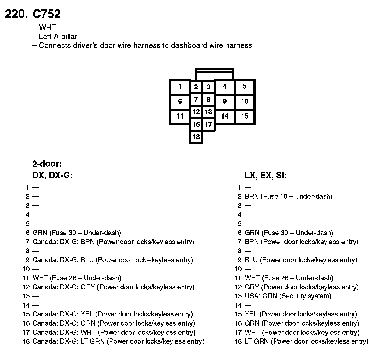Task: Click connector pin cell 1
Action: pos(180,87)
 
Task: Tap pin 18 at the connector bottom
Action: pos(196,137)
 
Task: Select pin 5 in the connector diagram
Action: pos(245,87)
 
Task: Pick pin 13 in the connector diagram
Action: pos(208,112)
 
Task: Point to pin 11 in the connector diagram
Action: pos(180,116)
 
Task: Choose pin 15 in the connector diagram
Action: pos(245,116)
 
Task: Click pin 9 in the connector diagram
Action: pos(225,101)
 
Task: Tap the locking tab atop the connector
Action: pos(215,73)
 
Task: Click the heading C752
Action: pos(47,14)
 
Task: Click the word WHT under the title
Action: pos(47,28)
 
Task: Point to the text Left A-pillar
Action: pos(58,37)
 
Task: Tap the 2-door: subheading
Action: pos(47,164)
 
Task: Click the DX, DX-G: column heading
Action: pos(52,176)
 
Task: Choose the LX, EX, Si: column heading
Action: pos(265,176)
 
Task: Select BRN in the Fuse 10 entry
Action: pos(252,196)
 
